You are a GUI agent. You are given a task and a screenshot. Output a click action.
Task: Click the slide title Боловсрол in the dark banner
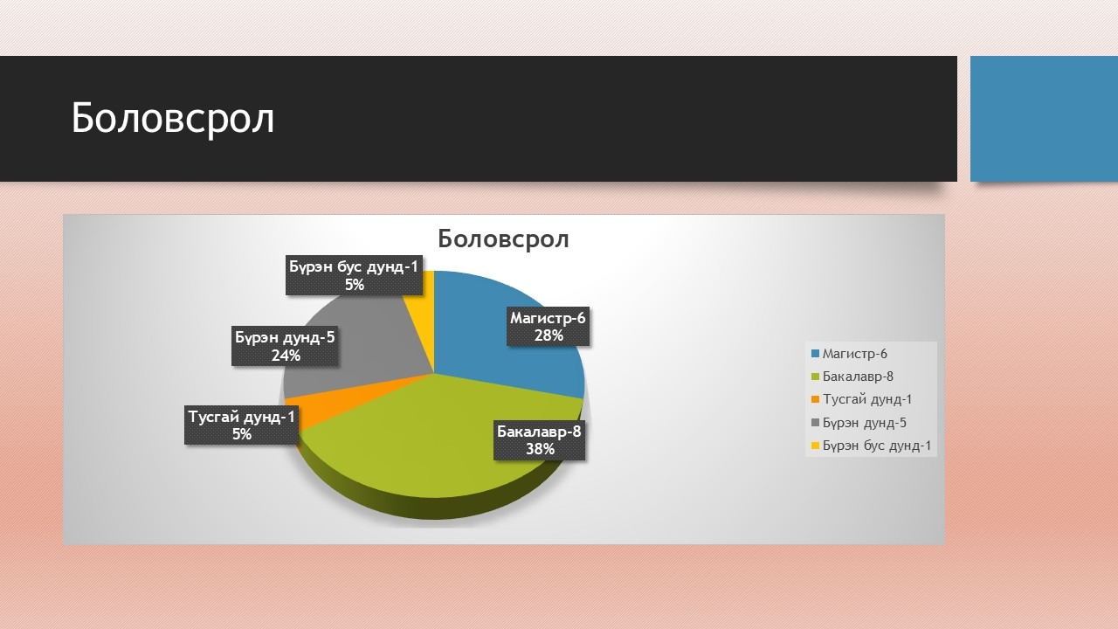173,118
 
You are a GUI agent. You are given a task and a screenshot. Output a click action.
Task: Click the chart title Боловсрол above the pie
503,238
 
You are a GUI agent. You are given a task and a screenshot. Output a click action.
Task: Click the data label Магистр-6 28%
548,327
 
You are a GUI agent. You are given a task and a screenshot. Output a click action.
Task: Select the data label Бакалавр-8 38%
539,439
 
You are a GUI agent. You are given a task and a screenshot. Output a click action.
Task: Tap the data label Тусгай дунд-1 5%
242,425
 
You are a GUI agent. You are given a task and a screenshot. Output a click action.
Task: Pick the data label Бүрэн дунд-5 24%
285,346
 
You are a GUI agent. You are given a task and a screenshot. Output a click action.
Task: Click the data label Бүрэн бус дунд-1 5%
354,275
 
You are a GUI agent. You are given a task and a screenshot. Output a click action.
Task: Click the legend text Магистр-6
854,354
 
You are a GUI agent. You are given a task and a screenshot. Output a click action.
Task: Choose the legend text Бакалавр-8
858,377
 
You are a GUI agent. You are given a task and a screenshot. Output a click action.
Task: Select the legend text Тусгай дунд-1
867,399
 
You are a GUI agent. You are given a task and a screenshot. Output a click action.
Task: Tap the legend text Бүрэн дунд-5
864,423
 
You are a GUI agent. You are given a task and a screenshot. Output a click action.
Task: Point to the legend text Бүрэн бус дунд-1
876,446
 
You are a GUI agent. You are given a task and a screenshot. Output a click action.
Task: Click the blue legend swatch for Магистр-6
816,354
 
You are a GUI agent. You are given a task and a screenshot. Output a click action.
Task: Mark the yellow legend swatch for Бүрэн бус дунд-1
816,446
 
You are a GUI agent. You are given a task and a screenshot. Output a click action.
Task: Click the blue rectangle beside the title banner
1044,119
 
